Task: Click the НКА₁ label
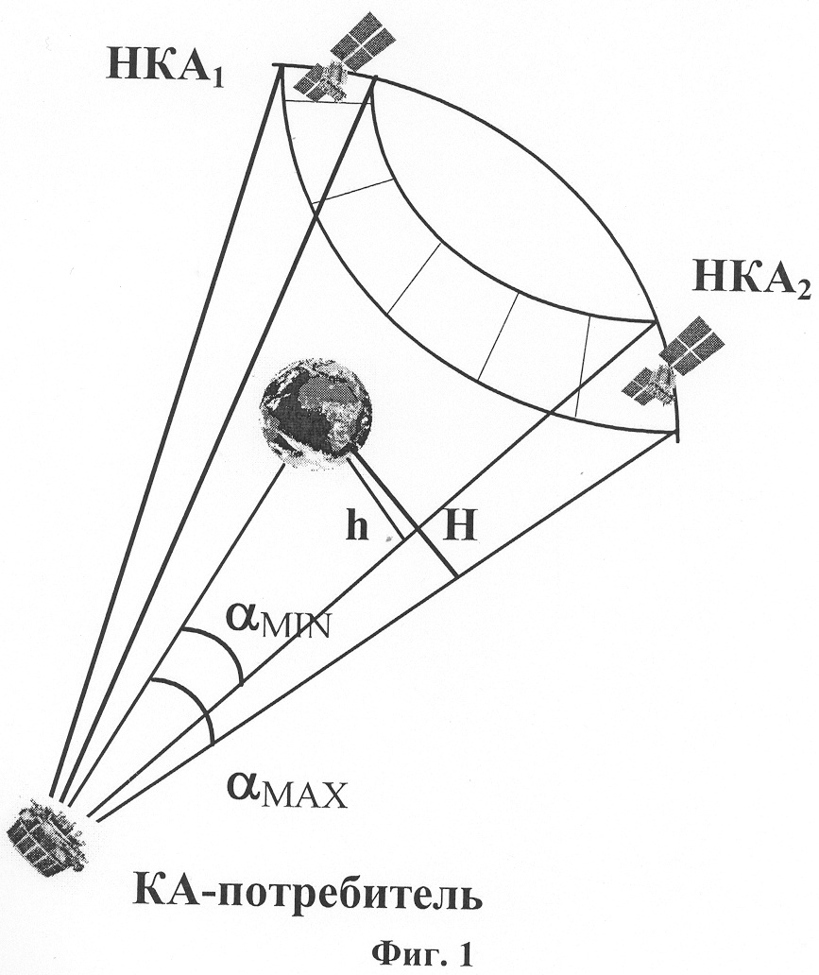[165, 64]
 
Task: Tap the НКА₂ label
[752, 280]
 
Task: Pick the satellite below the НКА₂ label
[674, 361]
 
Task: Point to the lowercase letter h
[358, 528]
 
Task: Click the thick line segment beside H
[402, 515]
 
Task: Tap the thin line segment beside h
[374, 499]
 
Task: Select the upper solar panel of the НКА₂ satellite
[692, 344]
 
